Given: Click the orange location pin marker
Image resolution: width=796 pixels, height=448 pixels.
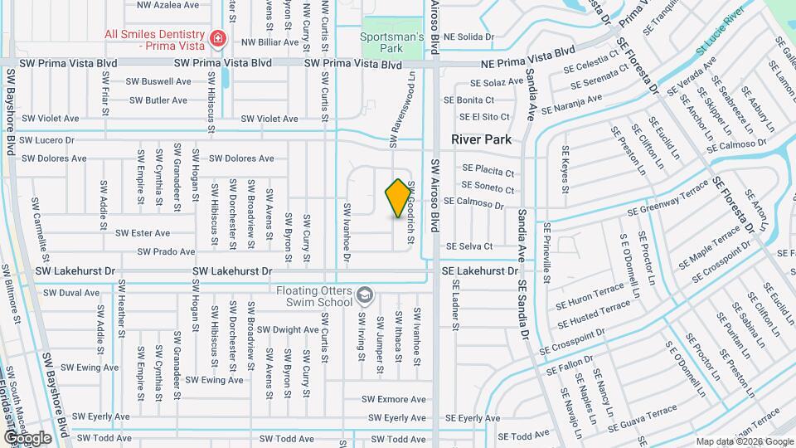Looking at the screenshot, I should [398, 198].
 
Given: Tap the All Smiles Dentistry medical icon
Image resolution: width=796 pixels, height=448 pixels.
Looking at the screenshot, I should [218, 37].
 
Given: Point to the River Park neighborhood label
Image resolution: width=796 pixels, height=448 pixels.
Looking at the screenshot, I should [481, 140].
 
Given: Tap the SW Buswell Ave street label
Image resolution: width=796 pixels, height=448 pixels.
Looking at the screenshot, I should [158, 81].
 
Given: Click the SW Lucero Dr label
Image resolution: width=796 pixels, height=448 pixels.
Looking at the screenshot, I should [47, 140].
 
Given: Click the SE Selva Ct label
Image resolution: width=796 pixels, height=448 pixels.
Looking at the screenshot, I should [469, 246].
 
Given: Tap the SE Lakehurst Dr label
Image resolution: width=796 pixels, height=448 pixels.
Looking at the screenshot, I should [479, 271].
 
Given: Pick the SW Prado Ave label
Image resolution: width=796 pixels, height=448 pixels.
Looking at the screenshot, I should [167, 251].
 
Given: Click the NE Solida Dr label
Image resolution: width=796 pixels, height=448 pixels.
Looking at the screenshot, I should [468, 37].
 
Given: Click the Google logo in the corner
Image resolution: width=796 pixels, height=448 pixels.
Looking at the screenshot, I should [28, 437].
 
